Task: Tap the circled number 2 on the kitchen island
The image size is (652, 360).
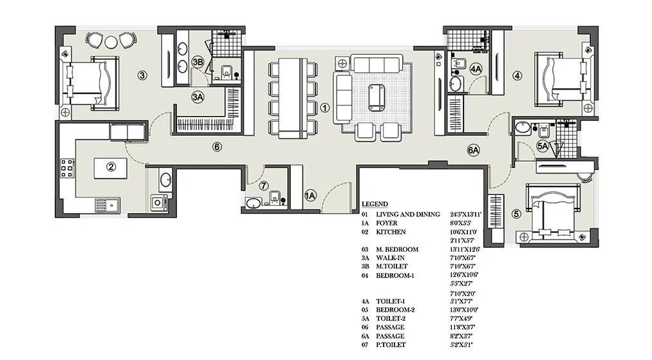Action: tap(111, 167)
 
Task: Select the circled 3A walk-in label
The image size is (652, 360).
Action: tap(198, 97)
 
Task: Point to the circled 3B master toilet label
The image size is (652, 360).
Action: tap(198, 62)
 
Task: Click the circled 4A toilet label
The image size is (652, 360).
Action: tap(476, 69)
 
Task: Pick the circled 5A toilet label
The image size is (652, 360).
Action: tap(543, 147)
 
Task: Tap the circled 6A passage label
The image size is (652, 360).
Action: tap(474, 151)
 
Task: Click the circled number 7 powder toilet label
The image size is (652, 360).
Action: tap(264, 186)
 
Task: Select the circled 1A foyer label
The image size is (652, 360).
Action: tap(310, 195)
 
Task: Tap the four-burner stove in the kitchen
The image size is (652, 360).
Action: tap(68, 167)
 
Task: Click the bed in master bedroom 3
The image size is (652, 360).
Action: tap(90, 81)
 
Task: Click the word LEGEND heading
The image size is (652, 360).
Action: tap(375, 204)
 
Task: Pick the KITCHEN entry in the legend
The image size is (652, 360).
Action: tap(391, 231)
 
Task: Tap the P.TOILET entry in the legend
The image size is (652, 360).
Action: tap(392, 345)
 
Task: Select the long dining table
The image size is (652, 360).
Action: tap(293, 98)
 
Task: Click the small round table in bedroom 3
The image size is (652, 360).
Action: tap(111, 41)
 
